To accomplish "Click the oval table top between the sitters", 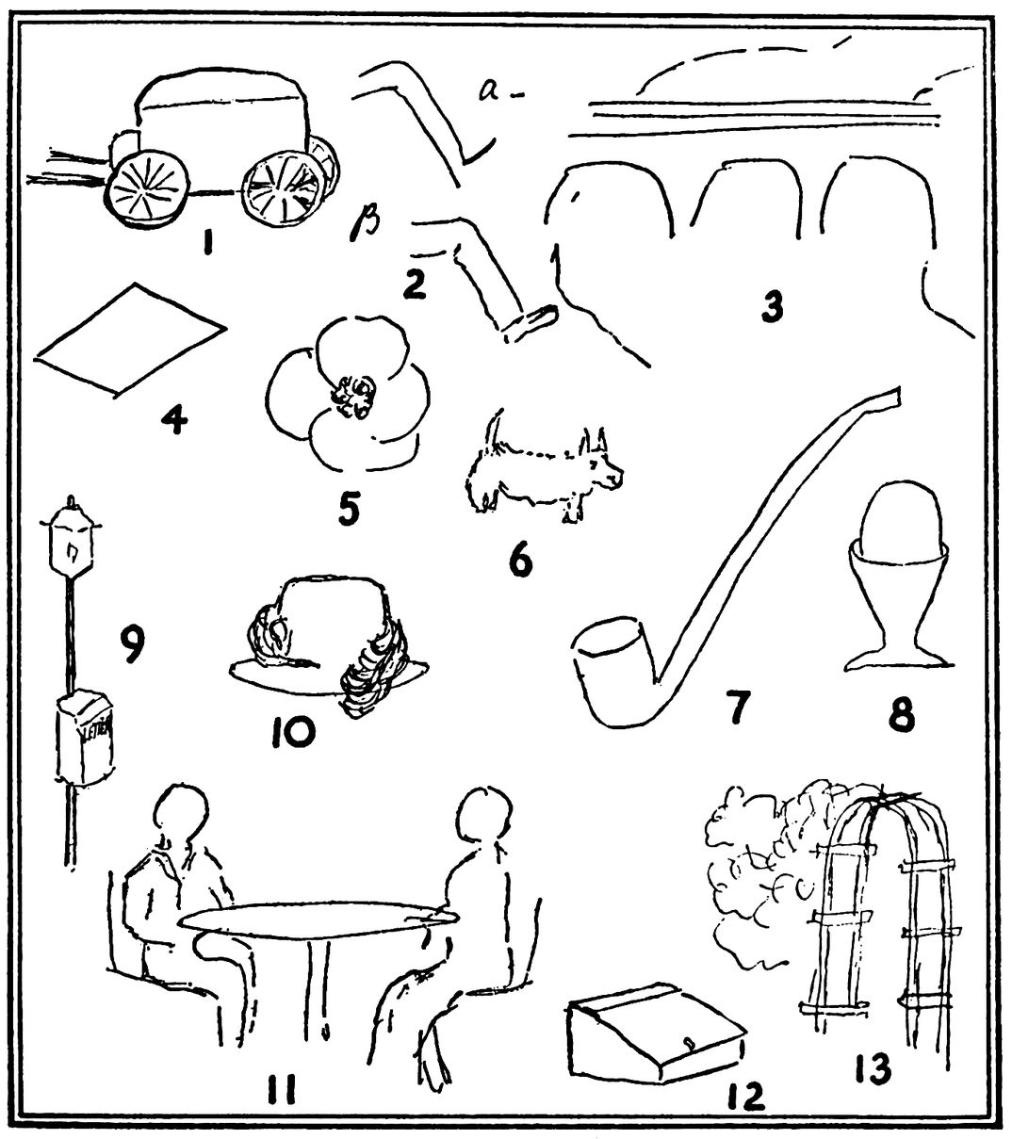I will tap(311, 921).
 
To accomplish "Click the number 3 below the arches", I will tap(773, 307).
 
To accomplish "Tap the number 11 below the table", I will tap(281, 1090).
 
